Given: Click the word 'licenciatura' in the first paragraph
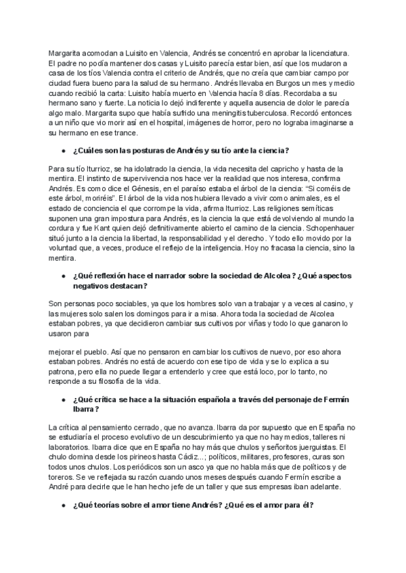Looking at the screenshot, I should [328, 53].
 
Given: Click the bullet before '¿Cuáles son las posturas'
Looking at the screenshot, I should [64, 149].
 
